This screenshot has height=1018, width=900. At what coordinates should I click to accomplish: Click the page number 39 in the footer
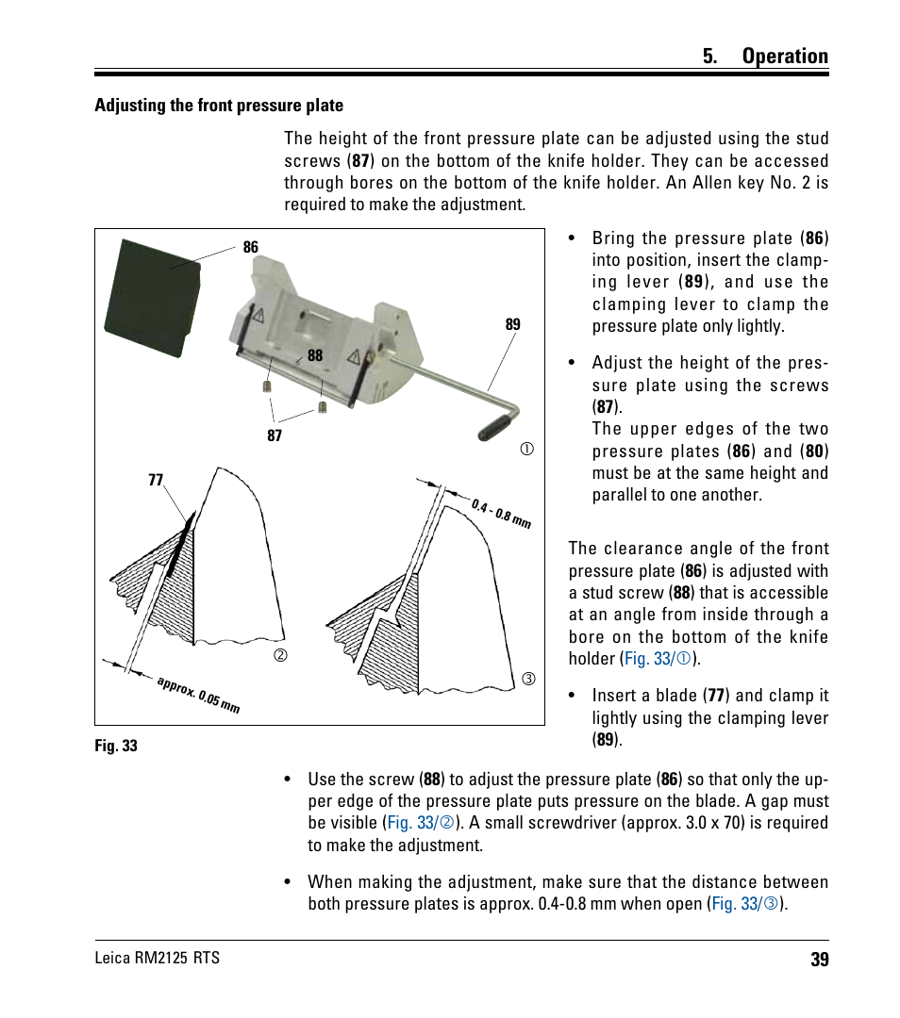818,960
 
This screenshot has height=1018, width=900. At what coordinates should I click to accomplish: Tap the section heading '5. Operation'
765,57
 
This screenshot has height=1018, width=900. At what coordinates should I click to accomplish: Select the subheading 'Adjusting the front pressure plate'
219,106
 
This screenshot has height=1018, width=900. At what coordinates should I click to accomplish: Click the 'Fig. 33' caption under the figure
116,746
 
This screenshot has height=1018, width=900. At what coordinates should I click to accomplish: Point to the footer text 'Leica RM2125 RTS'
158,959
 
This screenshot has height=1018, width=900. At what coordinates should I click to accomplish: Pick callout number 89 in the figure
512,324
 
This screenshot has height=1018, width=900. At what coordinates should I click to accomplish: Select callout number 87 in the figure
275,435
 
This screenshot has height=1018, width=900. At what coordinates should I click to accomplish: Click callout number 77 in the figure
156,480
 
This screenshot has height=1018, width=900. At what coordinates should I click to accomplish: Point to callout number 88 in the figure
315,356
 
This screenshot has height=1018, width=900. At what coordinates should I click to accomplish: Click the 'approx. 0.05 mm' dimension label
198,694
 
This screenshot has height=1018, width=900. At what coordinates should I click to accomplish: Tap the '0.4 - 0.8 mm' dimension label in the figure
501,512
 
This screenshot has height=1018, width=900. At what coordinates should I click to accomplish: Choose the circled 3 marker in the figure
528,679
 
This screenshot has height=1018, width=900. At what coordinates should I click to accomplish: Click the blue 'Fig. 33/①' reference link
658,659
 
